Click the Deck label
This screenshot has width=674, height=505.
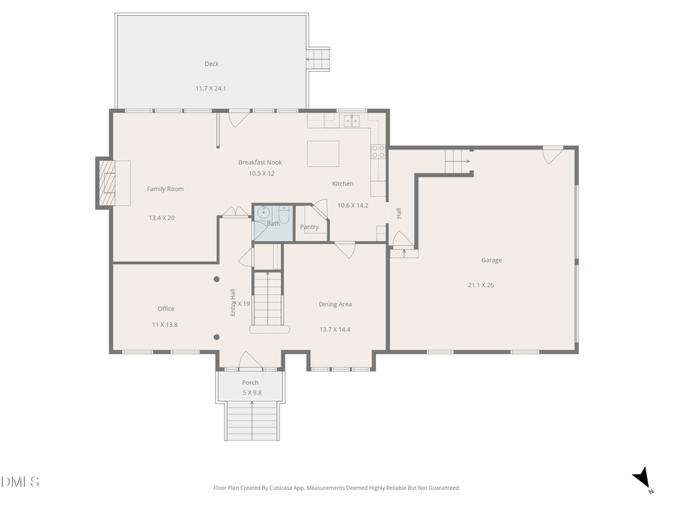tap(211, 64)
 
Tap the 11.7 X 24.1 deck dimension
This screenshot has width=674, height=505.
tap(211, 88)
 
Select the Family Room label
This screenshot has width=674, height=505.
tap(165, 189)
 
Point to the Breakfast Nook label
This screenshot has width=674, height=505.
tap(261, 162)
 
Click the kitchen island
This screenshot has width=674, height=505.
tap(323, 153)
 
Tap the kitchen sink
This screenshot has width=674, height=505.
tap(351, 120)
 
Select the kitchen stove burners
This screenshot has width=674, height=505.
tap(378, 153)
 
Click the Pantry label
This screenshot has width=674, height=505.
tap(309, 227)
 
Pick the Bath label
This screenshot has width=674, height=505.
tap(273, 224)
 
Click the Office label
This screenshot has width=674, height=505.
tap(166, 309)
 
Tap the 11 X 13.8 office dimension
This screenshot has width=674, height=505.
tap(165, 325)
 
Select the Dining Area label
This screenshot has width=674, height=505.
tap(335, 304)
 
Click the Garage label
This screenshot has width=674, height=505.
tap(491, 260)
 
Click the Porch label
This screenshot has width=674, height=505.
tap(250, 383)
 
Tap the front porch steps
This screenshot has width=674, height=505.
tap(251, 421)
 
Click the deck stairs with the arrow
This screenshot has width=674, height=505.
tap(318, 59)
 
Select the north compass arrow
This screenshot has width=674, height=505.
tap(642, 479)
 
